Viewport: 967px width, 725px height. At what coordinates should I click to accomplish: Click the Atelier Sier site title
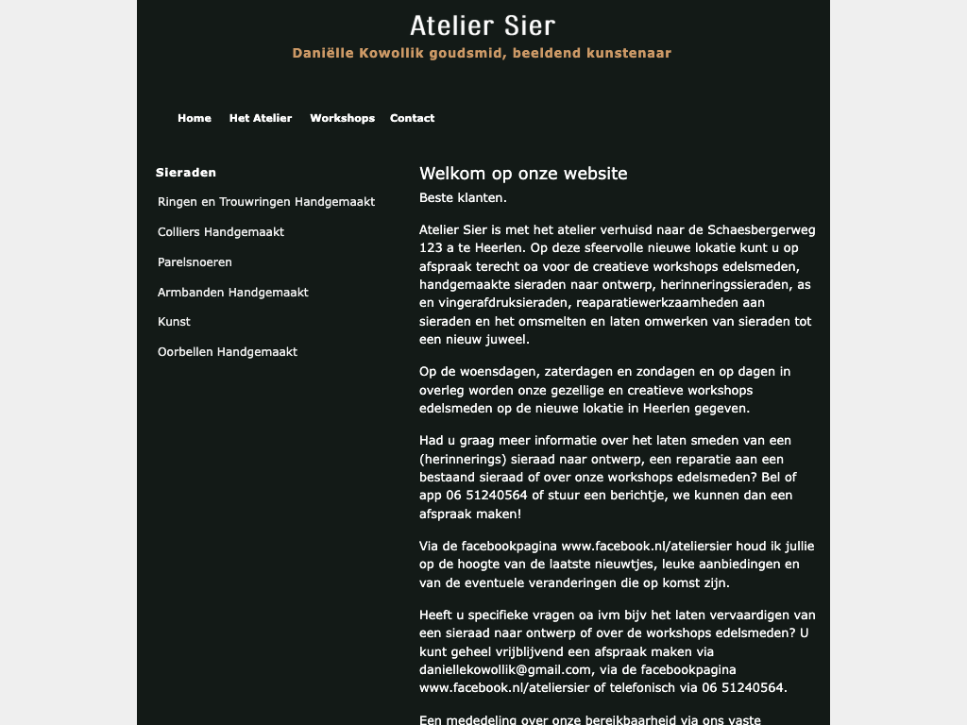pyautogui.click(x=483, y=25)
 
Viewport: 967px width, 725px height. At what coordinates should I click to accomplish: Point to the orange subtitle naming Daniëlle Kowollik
pyautogui.click(x=482, y=53)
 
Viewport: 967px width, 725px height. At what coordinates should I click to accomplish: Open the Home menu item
pyautogui.click(x=195, y=118)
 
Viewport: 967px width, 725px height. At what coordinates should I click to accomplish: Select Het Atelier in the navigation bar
pyautogui.click(x=261, y=118)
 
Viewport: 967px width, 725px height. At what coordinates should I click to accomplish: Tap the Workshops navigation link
pyautogui.click(x=342, y=118)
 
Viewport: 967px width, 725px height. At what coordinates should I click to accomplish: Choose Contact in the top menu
pyautogui.click(x=412, y=118)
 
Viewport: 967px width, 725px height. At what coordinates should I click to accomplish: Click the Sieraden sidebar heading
pyautogui.click(x=186, y=173)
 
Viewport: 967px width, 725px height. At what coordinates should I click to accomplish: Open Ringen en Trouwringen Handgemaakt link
pyautogui.click(x=266, y=202)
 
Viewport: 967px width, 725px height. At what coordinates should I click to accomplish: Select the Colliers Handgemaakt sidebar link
pyautogui.click(x=221, y=232)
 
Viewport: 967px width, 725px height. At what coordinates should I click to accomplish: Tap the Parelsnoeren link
pyautogui.click(x=195, y=262)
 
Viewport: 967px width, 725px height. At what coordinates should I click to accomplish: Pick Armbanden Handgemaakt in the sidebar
pyautogui.click(x=233, y=293)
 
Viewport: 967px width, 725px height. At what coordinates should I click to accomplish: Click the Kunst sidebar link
pyautogui.click(x=174, y=322)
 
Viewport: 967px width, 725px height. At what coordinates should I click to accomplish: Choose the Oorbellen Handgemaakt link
pyautogui.click(x=228, y=352)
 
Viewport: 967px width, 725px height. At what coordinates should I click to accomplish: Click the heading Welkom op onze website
pyautogui.click(x=523, y=174)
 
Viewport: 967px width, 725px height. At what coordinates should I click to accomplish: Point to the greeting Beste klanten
pyautogui.click(x=463, y=198)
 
